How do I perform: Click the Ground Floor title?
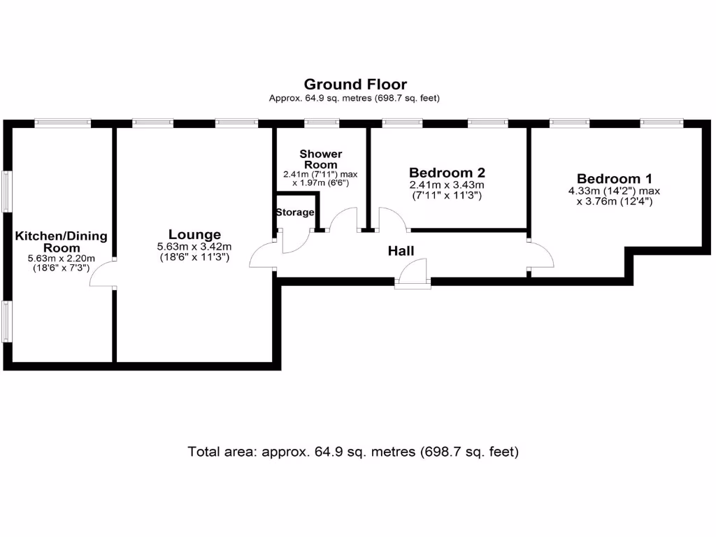pyautogui.click(x=355, y=85)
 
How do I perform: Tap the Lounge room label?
pyautogui.click(x=194, y=235)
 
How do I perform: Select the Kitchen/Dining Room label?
pyautogui.click(x=62, y=242)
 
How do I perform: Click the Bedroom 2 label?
pyautogui.click(x=447, y=173)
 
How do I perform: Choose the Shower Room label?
pyautogui.click(x=321, y=159)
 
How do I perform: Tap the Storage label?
pyautogui.click(x=294, y=213)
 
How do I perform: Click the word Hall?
pyautogui.click(x=401, y=251)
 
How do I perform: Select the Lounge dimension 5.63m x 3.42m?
pyautogui.click(x=194, y=246)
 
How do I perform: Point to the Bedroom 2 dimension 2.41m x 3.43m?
pyautogui.click(x=447, y=185)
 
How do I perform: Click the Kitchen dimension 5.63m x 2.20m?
pyautogui.click(x=62, y=259)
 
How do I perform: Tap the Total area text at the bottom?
pyautogui.click(x=353, y=452)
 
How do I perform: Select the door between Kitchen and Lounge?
pyautogui.click(x=103, y=273)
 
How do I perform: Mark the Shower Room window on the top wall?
pyautogui.click(x=322, y=123)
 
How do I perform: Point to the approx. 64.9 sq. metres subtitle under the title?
pyautogui.click(x=355, y=99)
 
